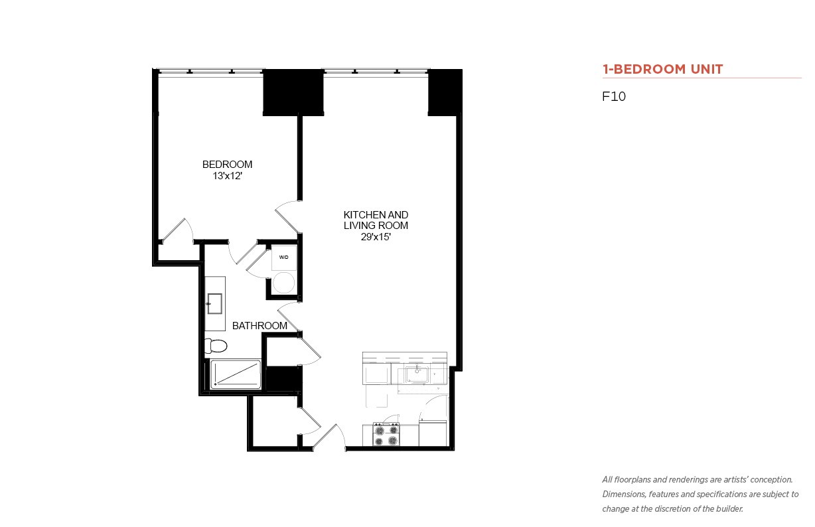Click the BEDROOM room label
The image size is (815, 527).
pyautogui.click(x=227, y=165)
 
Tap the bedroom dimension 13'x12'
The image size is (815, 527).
pyautogui.click(x=228, y=176)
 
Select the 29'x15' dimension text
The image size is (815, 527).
pyautogui.click(x=376, y=237)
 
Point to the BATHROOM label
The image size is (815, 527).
pyautogui.click(x=259, y=326)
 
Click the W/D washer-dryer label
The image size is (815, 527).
pyautogui.click(x=284, y=258)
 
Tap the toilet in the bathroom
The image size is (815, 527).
pyautogui.click(x=216, y=346)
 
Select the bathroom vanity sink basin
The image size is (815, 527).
pyautogui.click(x=214, y=303)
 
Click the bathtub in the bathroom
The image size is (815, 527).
pyautogui.click(x=236, y=374)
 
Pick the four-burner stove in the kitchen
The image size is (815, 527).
pyautogui.click(x=386, y=435)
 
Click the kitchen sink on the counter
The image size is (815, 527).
pyautogui.click(x=417, y=374)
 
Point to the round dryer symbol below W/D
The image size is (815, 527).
pyautogui.click(x=284, y=283)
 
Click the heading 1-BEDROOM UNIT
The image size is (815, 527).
pyautogui.click(x=662, y=69)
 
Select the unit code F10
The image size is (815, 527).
pyautogui.click(x=614, y=96)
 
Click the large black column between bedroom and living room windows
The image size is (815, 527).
pyautogui.click(x=293, y=92)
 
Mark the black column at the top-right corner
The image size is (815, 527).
pyautogui.click(x=445, y=92)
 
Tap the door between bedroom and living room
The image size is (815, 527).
pyautogui.click(x=287, y=217)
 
